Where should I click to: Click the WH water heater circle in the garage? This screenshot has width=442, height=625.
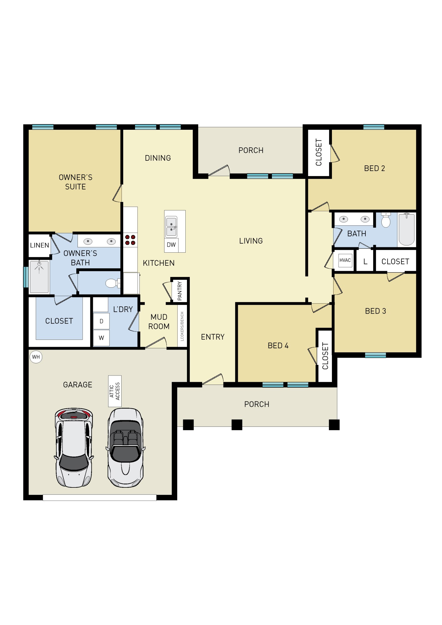[36, 357]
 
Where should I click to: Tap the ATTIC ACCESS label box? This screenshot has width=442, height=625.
[115, 391]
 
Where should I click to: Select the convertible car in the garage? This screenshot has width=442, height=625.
[126, 447]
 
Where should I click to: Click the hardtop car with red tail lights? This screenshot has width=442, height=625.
[74, 447]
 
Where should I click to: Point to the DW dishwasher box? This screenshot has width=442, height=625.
[171, 245]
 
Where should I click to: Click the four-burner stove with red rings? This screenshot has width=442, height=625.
[130, 240]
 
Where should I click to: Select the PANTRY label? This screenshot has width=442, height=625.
[180, 291]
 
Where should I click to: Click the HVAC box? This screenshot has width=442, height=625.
[345, 260]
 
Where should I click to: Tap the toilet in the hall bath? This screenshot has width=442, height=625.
[386, 220]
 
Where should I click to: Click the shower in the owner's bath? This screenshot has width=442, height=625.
[39, 277]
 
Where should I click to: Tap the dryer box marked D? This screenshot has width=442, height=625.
[101, 321]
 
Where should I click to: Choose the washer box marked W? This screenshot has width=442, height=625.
[101, 338]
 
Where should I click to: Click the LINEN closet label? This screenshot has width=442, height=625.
[39, 245]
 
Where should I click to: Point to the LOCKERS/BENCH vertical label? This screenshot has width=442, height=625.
[182, 326]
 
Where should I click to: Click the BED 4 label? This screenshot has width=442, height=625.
[278, 345]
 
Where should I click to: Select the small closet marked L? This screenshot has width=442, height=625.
[365, 261]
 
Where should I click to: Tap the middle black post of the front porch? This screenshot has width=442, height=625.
[237, 425]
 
